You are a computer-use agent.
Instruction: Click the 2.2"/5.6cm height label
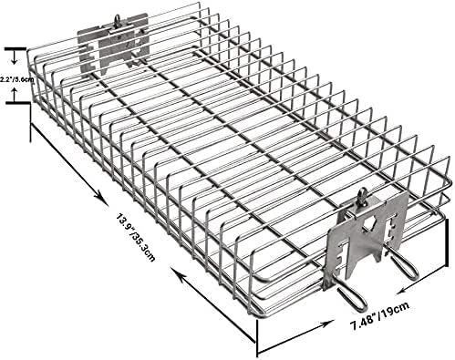click(x=16, y=79)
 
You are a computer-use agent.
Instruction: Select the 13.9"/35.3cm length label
click(x=136, y=237)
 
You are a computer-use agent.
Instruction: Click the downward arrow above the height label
click(x=14, y=57)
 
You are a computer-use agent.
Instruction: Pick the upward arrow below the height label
click(x=14, y=93)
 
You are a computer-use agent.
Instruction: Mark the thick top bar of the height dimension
click(x=15, y=48)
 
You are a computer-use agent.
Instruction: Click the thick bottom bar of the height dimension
click(x=17, y=104)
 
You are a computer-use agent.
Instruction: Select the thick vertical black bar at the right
click(x=447, y=243)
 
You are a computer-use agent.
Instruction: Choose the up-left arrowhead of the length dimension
click(x=177, y=273)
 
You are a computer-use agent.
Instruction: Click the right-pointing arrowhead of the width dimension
click(x=326, y=324)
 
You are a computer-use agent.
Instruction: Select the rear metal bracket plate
click(x=113, y=43)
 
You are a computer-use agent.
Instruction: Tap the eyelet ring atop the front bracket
click(x=363, y=195)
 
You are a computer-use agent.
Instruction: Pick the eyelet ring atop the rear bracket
click(x=117, y=21)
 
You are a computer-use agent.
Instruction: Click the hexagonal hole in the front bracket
click(x=368, y=223)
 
